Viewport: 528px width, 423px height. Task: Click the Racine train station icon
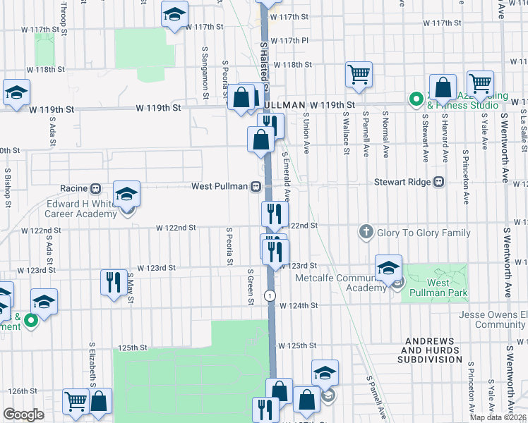(96, 188)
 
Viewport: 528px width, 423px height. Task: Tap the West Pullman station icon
(256, 187)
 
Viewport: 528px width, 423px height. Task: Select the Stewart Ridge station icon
(439, 181)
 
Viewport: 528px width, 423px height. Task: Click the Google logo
(23, 415)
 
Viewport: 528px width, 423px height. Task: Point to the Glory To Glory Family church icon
(366, 231)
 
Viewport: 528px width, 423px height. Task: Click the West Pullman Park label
(438, 288)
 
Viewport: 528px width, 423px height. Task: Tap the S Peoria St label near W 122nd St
(229, 246)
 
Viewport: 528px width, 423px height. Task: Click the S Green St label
(251, 286)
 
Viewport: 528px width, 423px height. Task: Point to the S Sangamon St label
(205, 68)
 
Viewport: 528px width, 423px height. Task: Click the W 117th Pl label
(289, 41)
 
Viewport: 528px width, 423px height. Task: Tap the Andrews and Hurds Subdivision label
(432, 354)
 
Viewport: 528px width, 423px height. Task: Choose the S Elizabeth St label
(92, 365)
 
